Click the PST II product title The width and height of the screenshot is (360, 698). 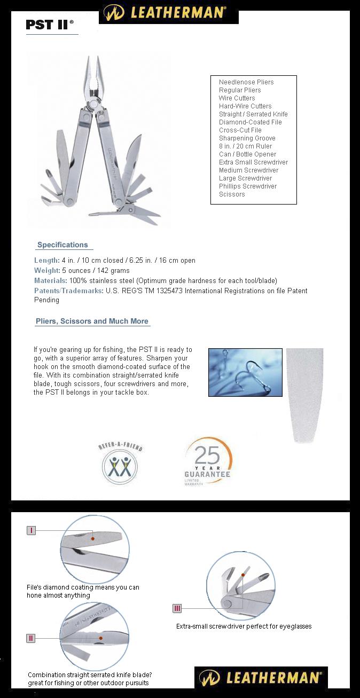tap(49, 25)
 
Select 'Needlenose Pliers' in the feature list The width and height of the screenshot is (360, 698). tap(246, 82)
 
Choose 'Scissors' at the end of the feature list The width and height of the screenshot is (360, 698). tap(232, 194)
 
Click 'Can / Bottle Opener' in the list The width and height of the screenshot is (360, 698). tap(247, 154)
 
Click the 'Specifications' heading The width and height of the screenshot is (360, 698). tap(62, 245)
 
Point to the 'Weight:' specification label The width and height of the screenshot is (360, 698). tap(47, 271)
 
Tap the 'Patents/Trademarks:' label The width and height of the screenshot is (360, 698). tap(68, 291)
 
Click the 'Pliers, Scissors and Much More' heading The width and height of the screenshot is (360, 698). tap(92, 321)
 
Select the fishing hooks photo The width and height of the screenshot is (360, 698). tap(245, 372)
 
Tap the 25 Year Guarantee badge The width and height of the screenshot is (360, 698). tap(208, 461)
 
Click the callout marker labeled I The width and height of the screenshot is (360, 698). tap(32, 530)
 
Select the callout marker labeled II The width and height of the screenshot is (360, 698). tap(31, 638)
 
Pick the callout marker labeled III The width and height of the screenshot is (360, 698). tap(177, 608)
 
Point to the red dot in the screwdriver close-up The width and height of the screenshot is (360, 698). tap(242, 575)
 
